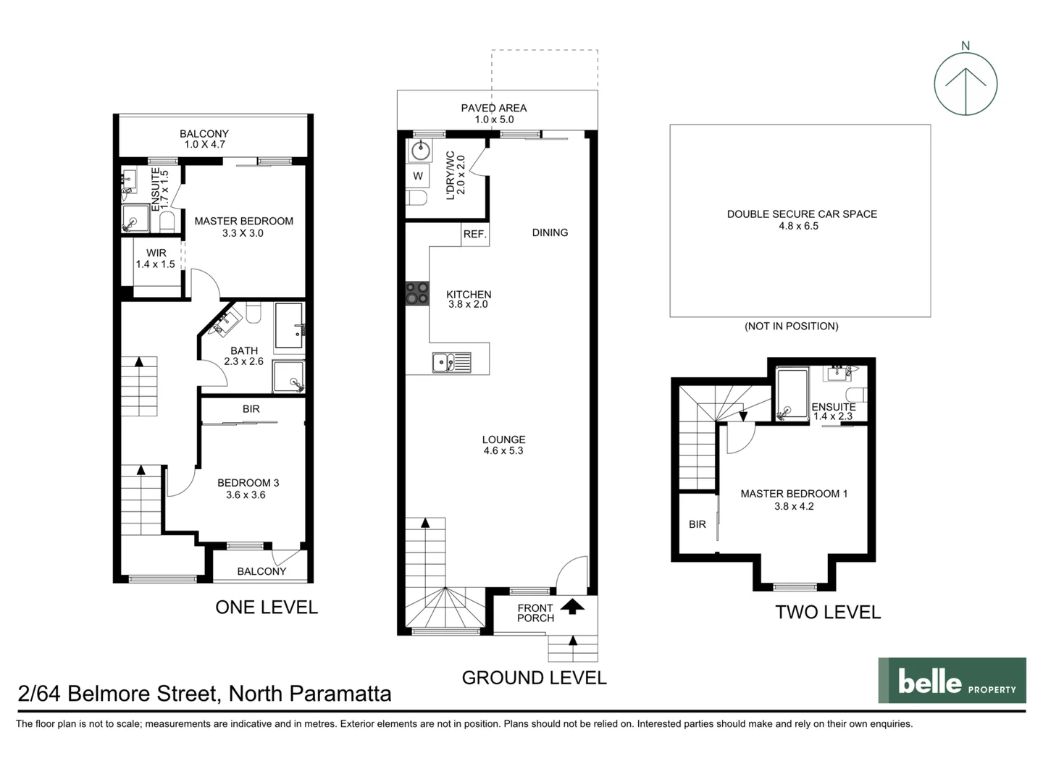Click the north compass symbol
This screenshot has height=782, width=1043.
965,83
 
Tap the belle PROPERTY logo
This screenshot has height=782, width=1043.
952,681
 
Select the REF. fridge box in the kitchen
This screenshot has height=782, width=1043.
475,234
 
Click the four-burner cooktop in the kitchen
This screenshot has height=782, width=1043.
416,293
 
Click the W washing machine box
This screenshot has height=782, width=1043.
418,176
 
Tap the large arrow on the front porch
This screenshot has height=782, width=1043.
572,607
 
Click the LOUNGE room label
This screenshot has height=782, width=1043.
503,440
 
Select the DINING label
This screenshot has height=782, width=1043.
550,232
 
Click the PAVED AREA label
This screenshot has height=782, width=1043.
494,108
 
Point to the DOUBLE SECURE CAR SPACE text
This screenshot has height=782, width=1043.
802,214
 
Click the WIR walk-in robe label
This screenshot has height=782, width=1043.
156,253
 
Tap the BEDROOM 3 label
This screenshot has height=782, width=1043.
248,483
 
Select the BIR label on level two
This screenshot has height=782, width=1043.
697,524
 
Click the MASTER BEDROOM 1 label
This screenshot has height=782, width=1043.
794,494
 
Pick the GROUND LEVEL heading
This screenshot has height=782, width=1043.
534,678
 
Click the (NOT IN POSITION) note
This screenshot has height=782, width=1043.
791,326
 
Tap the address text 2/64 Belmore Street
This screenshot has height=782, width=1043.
204,694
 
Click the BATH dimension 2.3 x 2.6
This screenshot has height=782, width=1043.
244,361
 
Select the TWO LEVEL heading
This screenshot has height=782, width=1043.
828,612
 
